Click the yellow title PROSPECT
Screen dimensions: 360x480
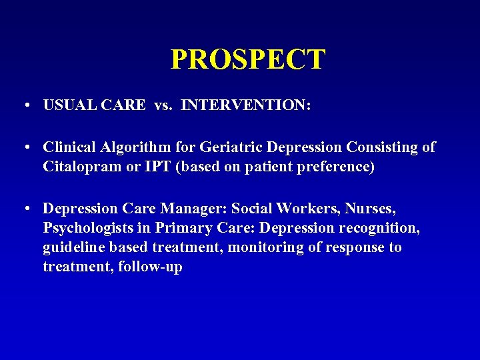[x=247, y=59]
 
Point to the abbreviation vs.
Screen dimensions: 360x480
[x=163, y=105]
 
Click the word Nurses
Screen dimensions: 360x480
[x=370, y=208]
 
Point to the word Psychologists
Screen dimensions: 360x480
[x=88, y=228]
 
